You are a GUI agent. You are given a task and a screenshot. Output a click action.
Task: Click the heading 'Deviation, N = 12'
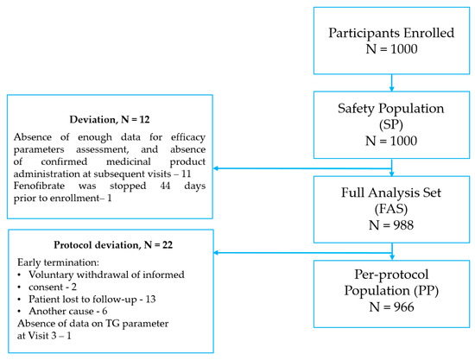[x=108, y=118]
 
